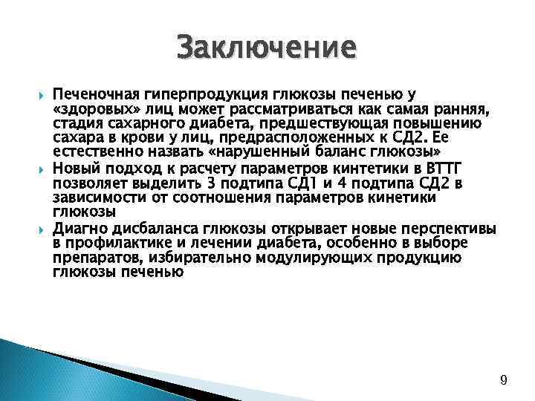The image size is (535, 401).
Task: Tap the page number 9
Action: pos(504,381)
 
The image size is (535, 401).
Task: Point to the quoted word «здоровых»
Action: pos(91,109)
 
